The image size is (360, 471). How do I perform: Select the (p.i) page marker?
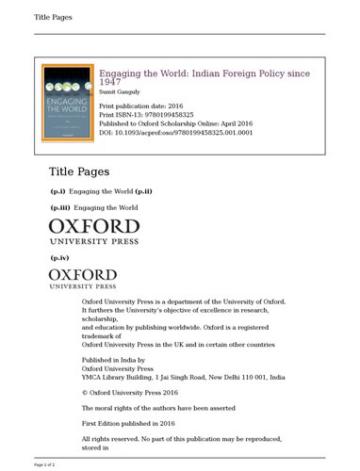click(58, 191)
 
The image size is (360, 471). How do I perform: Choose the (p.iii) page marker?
click(60, 206)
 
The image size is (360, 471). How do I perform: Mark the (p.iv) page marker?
click(60, 256)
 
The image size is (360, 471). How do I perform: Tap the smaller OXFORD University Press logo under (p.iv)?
click(82, 278)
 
